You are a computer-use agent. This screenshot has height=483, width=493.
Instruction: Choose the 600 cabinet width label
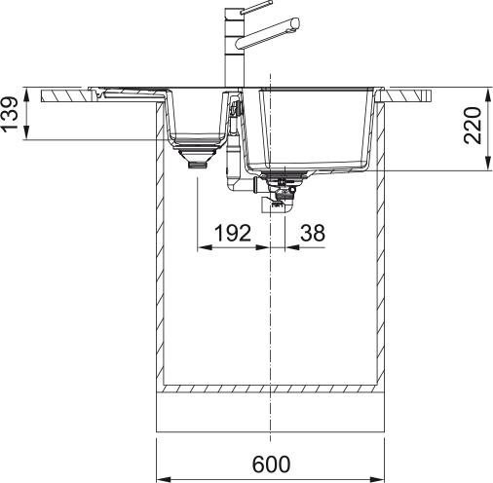(x=270, y=464)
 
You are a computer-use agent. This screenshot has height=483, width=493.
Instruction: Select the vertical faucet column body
(x=234, y=54)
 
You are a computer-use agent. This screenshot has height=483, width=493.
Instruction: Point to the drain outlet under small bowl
(x=198, y=165)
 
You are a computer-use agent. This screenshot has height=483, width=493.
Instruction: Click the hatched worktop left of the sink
(x=68, y=95)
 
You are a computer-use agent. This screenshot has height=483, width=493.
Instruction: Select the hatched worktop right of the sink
(x=409, y=95)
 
